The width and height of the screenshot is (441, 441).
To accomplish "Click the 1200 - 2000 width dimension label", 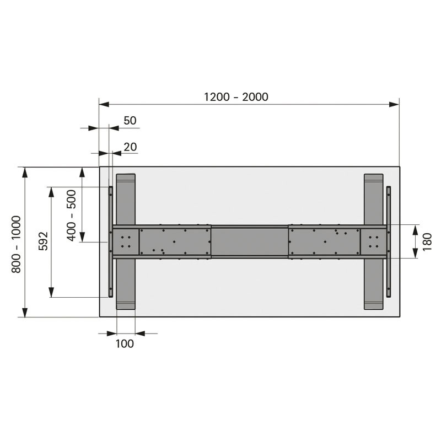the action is [236, 97].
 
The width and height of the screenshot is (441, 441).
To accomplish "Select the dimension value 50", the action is [130, 121].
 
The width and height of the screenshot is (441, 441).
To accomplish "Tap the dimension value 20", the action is [130, 147].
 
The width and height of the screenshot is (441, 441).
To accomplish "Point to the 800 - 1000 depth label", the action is [17, 244].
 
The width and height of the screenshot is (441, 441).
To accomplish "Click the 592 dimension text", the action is [44, 241].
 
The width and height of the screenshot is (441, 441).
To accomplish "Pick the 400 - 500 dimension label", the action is [72, 215].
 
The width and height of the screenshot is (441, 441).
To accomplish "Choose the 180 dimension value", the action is [427, 241].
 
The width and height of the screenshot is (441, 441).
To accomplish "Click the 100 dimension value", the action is [125, 343].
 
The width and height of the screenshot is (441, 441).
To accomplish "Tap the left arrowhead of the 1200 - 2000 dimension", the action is [104, 105].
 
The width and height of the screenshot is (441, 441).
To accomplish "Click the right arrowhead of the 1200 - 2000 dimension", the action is [394, 105].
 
